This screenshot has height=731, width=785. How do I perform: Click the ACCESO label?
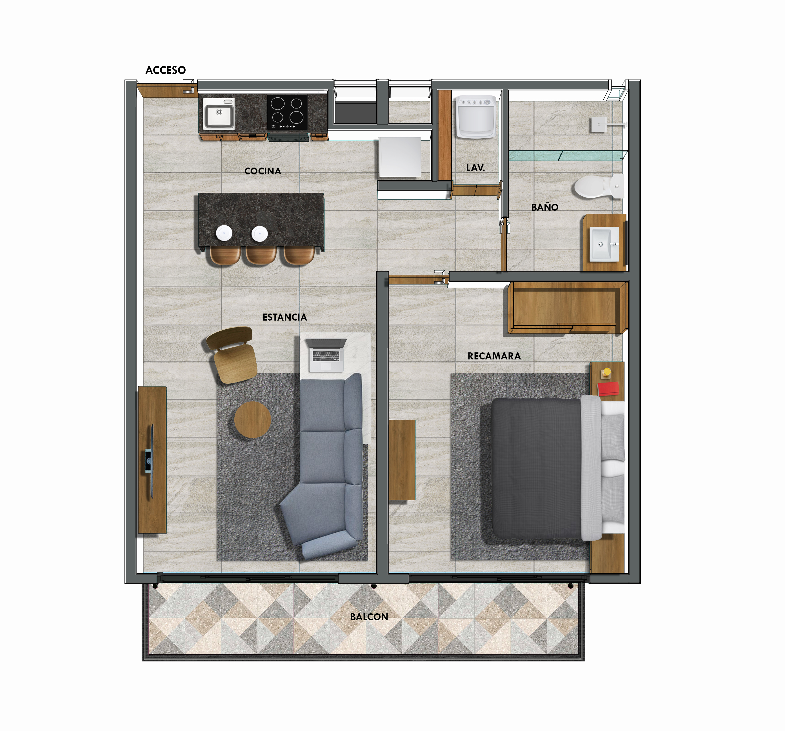click(x=165, y=70)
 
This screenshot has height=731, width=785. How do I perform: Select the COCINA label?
click(x=263, y=171)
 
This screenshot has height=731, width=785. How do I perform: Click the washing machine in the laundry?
click(x=476, y=117)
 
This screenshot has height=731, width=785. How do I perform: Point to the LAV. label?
click(x=475, y=167)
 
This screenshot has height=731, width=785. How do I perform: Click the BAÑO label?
click(x=544, y=207)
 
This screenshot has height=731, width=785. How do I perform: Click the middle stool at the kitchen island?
click(x=261, y=255)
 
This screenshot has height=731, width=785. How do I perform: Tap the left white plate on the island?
click(x=224, y=233)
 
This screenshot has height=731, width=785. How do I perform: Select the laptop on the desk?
click(x=326, y=355)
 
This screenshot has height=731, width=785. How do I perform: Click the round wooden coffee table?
click(x=252, y=419)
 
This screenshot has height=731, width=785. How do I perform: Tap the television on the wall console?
click(x=149, y=461)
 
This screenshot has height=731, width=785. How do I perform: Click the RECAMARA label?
click(x=494, y=356)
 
